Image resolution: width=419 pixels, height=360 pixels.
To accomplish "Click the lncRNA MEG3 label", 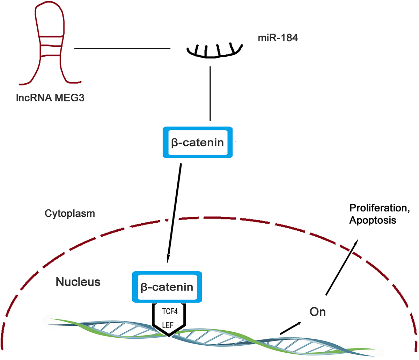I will (x=50, y=98).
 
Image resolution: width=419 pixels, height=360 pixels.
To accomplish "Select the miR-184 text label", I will (x=278, y=38).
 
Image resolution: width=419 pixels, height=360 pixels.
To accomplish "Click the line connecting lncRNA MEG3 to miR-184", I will (x=122, y=49).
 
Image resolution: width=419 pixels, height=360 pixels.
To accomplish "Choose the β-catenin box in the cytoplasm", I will (x=198, y=142).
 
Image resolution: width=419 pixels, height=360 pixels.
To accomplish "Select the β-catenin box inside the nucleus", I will (x=167, y=287).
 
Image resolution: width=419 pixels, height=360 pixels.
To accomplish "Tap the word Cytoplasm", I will (x=70, y=214).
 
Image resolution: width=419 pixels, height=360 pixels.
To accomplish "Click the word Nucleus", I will (x=78, y=282).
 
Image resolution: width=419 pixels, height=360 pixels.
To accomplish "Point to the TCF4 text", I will (x=170, y=311).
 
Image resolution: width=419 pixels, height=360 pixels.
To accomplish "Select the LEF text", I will (x=168, y=325).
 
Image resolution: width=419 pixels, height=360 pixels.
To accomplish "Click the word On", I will (x=318, y=312).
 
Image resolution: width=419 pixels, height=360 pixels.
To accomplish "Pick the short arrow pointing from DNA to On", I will (x=290, y=328).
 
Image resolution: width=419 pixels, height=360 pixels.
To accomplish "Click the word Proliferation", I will (x=379, y=208).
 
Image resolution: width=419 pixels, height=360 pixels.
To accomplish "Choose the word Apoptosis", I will (x=373, y=221).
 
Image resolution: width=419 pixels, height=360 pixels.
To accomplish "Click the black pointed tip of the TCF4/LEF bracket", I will (x=169, y=335).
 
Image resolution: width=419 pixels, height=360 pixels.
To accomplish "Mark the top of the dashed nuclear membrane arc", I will (x=209, y=217).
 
